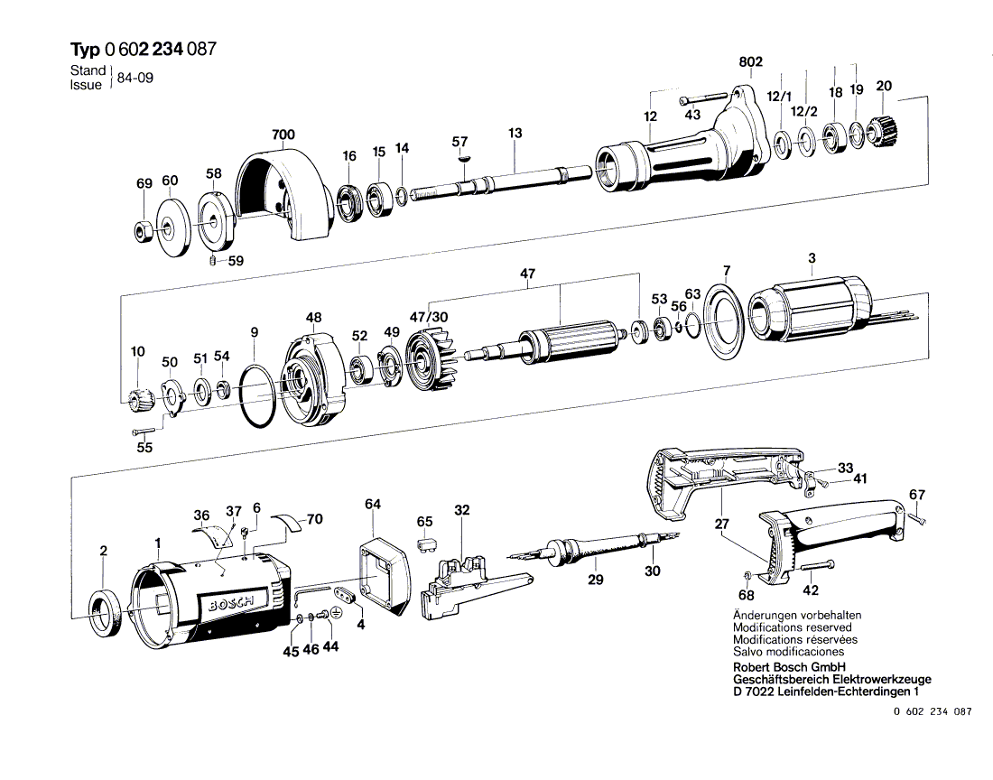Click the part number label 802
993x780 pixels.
click(x=751, y=62)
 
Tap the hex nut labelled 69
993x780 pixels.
click(x=143, y=229)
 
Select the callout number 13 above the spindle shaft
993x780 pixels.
click(x=515, y=134)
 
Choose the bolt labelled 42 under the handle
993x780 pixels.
click(x=816, y=566)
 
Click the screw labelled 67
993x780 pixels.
click(x=919, y=518)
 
